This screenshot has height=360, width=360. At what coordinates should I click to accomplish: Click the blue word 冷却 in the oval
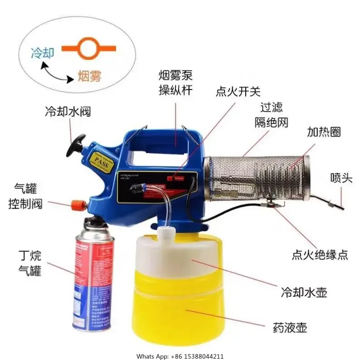42,53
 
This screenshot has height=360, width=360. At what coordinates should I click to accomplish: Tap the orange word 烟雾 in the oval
89,75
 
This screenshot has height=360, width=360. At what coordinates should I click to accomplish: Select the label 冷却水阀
68,111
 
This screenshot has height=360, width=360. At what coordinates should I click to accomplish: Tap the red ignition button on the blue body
170,178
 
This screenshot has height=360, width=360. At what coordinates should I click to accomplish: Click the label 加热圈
324,132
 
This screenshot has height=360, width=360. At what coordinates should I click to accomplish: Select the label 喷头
341,178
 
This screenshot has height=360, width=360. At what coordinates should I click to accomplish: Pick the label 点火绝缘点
320,254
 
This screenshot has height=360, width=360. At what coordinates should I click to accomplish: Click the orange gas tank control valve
75,203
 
